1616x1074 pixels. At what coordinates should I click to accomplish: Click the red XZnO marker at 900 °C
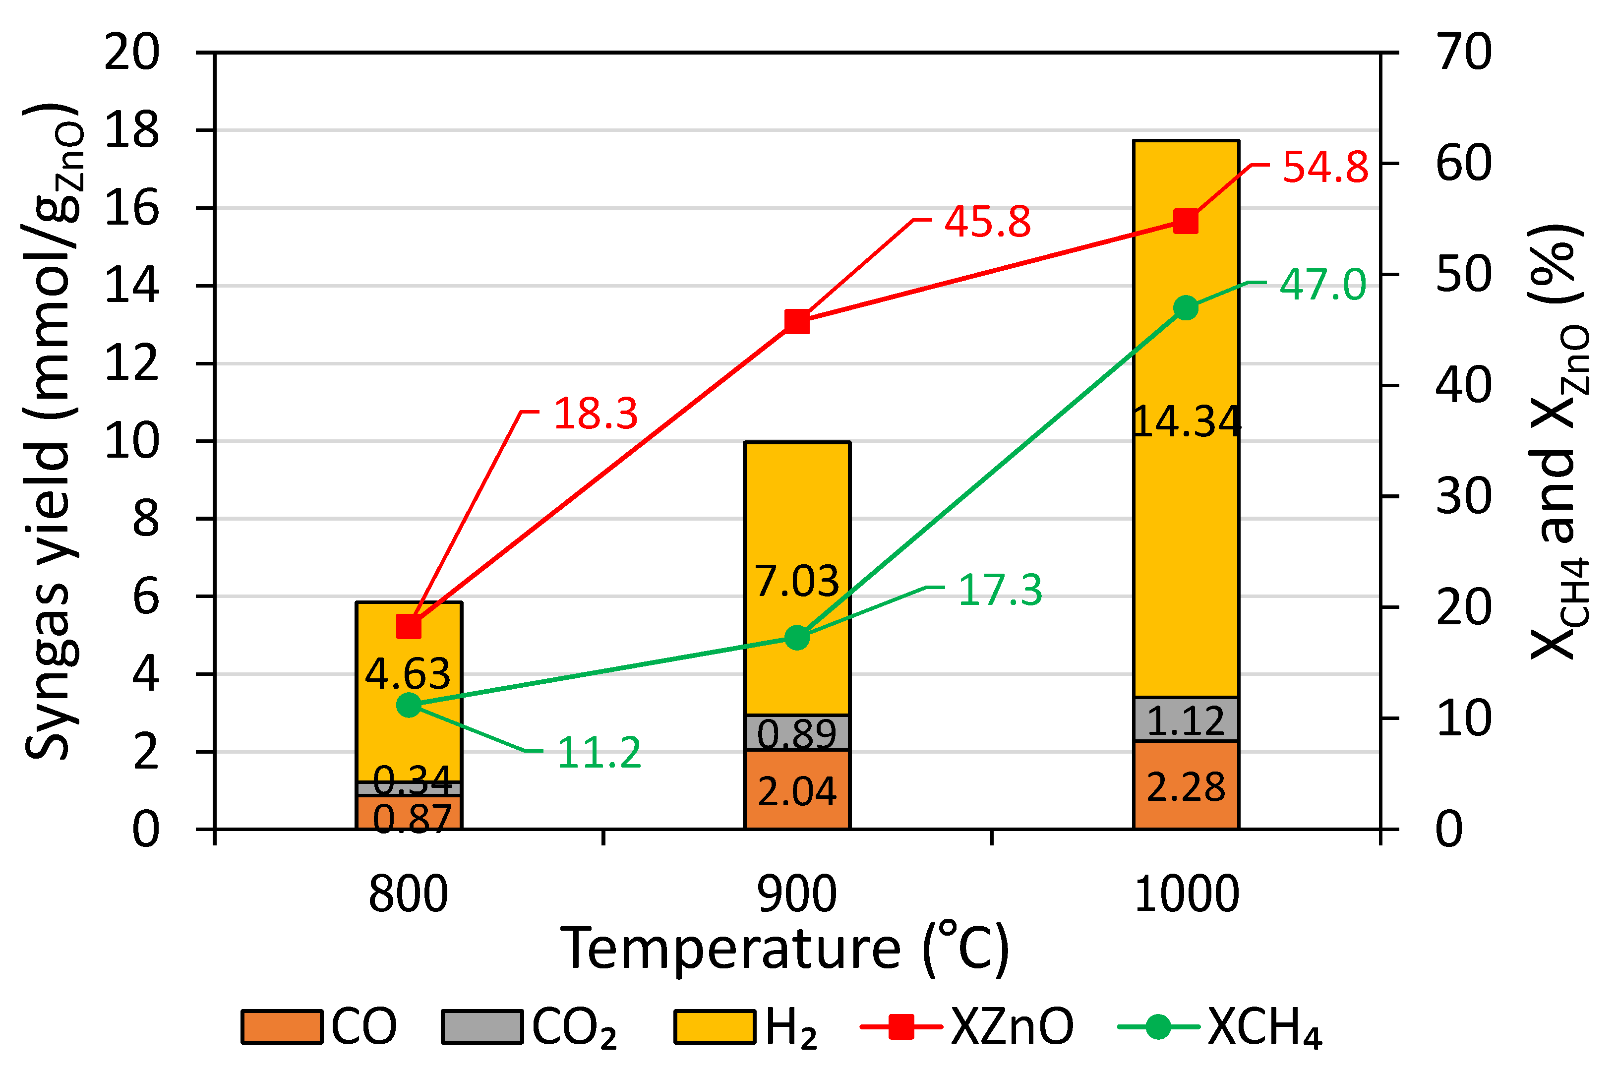click(x=797, y=321)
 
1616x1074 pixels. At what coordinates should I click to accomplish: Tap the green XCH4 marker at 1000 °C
click(x=1186, y=308)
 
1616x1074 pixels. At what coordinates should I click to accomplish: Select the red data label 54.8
click(x=1325, y=167)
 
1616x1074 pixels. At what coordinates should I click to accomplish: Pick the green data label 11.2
click(x=599, y=753)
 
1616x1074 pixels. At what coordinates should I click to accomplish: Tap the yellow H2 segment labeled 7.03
click(x=797, y=581)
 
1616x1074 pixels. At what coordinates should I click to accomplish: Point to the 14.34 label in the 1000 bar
click(x=1186, y=421)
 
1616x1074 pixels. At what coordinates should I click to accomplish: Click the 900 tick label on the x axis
click(x=797, y=895)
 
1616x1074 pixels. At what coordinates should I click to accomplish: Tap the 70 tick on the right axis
click(x=1464, y=52)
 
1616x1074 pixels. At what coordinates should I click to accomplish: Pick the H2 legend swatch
click(x=715, y=1027)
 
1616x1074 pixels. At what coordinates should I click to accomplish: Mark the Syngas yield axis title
click(x=52, y=431)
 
